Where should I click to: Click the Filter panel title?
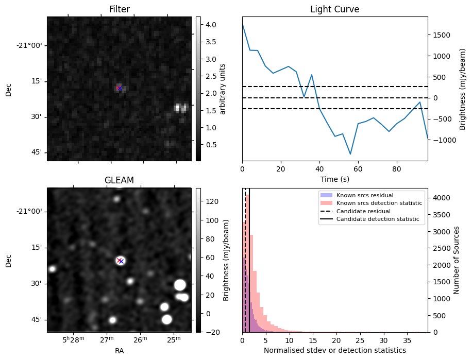pyautogui.click(x=119, y=9)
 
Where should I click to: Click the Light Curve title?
pyautogui.click(x=334, y=9)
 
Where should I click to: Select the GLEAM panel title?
pyautogui.click(x=119, y=180)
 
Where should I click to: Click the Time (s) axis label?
pyautogui.click(x=334, y=178)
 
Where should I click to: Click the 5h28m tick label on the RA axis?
pyautogui.click(x=72, y=340)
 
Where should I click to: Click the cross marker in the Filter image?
pyautogui.click(x=120, y=88)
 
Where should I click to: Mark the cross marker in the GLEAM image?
pyautogui.click(x=120, y=261)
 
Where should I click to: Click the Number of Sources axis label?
pyautogui.click(x=456, y=260)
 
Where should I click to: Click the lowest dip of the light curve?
pyautogui.click(x=350, y=154)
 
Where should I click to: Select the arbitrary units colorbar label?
pyautogui.click(x=223, y=89)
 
